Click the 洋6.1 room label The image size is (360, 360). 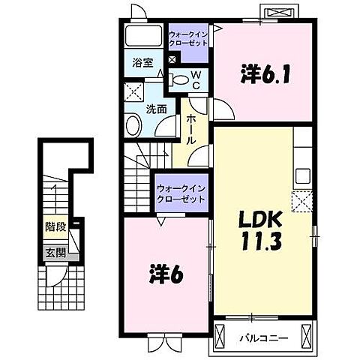point(261,74)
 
